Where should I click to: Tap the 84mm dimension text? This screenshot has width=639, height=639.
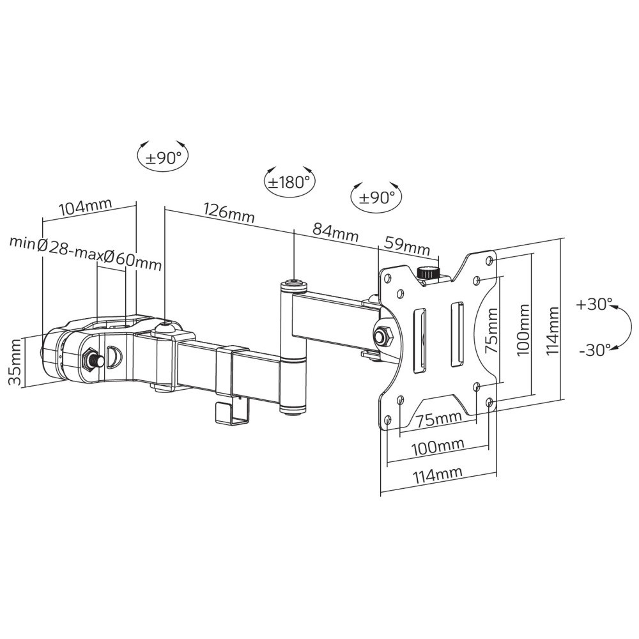[335, 232]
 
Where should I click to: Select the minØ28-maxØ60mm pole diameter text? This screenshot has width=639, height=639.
[85, 252]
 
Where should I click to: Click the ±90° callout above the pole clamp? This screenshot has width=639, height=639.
[163, 158]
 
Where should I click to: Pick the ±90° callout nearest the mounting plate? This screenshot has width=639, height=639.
[376, 197]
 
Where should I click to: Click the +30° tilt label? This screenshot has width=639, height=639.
[594, 304]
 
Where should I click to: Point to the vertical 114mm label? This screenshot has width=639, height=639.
[553, 329]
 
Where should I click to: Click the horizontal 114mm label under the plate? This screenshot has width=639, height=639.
[438, 475]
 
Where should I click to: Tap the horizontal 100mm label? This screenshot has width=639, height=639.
[438, 447]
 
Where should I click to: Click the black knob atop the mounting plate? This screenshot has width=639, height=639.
[427, 273]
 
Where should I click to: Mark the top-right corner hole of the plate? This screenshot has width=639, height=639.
[489, 260]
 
